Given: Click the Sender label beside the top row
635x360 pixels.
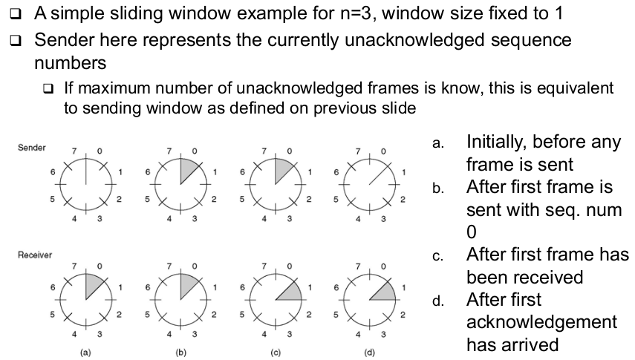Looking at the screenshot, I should pyautogui.click(x=31, y=148).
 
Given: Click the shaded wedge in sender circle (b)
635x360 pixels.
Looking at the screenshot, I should pyautogui.click(x=187, y=168).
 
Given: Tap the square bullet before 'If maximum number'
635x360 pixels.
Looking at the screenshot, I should pyautogui.click(x=49, y=89).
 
